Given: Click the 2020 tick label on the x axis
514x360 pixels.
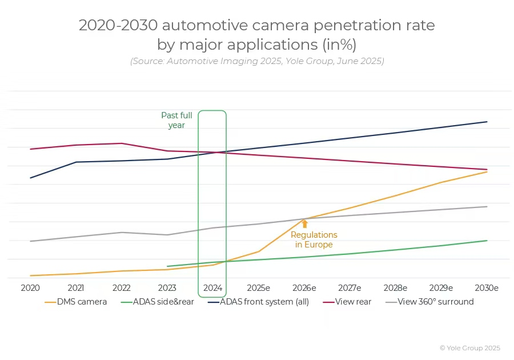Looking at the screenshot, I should click(x=30, y=288).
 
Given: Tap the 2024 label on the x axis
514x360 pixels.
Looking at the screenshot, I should click(x=212, y=288).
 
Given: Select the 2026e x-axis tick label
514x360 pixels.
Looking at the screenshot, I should click(x=304, y=288).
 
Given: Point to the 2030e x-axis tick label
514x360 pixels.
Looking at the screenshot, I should click(x=487, y=288).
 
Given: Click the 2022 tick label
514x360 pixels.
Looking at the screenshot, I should click(x=122, y=288).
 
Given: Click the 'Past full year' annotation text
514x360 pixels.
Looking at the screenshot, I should click(x=176, y=121).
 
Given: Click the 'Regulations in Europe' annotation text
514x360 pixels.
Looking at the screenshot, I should click(x=314, y=239).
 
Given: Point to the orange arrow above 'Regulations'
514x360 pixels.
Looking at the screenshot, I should click(x=304, y=224).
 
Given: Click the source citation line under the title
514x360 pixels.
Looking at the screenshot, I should click(x=257, y=61).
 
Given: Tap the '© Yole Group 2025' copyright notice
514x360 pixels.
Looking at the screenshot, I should click(x=469, y=347).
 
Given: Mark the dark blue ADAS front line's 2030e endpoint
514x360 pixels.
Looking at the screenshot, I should click(x=487, y=122).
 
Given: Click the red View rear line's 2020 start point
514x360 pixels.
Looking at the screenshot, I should click(x=30, y=149).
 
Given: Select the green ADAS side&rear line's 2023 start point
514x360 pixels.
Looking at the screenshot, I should click(x=167, y=266).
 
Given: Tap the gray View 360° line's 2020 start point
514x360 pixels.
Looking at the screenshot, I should click(x=30, y=241).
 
